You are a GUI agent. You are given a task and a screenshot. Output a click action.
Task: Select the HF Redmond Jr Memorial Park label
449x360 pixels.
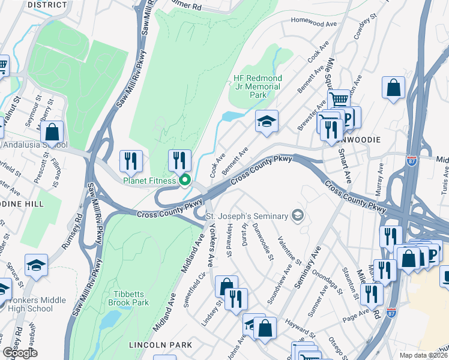coord(258,87)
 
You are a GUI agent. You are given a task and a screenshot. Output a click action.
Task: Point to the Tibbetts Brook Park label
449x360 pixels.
coord(123,298)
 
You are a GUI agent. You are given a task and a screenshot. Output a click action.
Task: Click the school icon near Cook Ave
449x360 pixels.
coord(267,122)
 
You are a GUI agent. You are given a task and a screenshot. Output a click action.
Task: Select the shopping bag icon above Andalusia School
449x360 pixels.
coord(53,132)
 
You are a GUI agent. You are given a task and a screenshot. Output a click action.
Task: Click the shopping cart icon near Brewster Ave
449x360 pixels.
coord(339,100)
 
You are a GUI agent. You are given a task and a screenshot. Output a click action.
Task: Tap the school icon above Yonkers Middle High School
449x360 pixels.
coord(37,265)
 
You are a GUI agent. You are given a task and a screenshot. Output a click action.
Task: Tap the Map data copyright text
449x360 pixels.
coord(423,355)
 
